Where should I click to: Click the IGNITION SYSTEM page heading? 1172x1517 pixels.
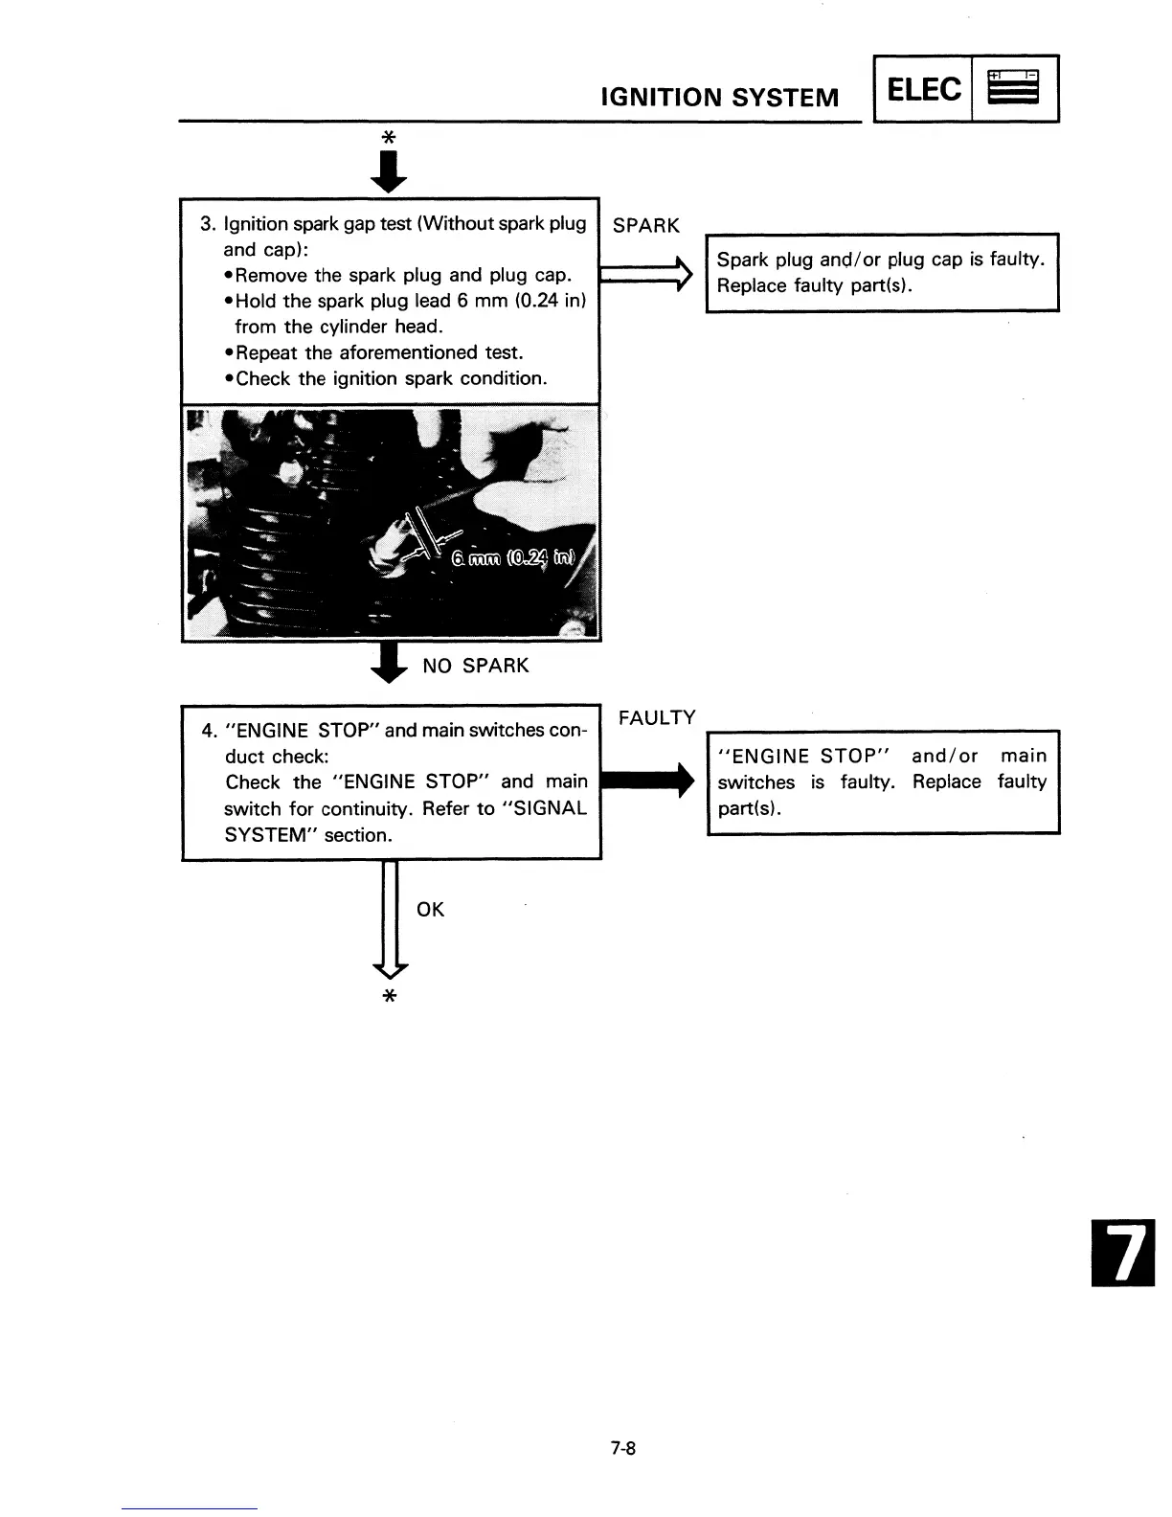tap(718, 97)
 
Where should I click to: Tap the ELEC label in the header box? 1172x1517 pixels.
tap(923, 89)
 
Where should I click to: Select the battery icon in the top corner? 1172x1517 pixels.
tap(1014, 88)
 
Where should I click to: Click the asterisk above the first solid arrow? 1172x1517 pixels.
tap(388, 138)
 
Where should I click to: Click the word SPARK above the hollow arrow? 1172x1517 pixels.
tap(645, 226)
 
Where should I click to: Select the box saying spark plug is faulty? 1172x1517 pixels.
tap(881, 272)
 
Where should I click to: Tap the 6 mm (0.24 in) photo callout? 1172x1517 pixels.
tap(513, 559)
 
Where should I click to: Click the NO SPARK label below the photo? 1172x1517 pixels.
tap(475, 666)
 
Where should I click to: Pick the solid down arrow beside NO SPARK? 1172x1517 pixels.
tap(388, 663)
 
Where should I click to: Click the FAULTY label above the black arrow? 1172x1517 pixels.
tap(657, 718)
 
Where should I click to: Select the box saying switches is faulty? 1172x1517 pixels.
tap(882, 781)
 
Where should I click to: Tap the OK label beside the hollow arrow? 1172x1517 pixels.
tap(431, 910)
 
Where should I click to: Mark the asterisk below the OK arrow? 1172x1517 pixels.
tap(389, 997)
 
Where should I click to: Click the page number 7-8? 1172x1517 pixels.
tap(623, 1449)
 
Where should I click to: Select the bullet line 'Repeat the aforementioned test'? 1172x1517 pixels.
tap(378, 352)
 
